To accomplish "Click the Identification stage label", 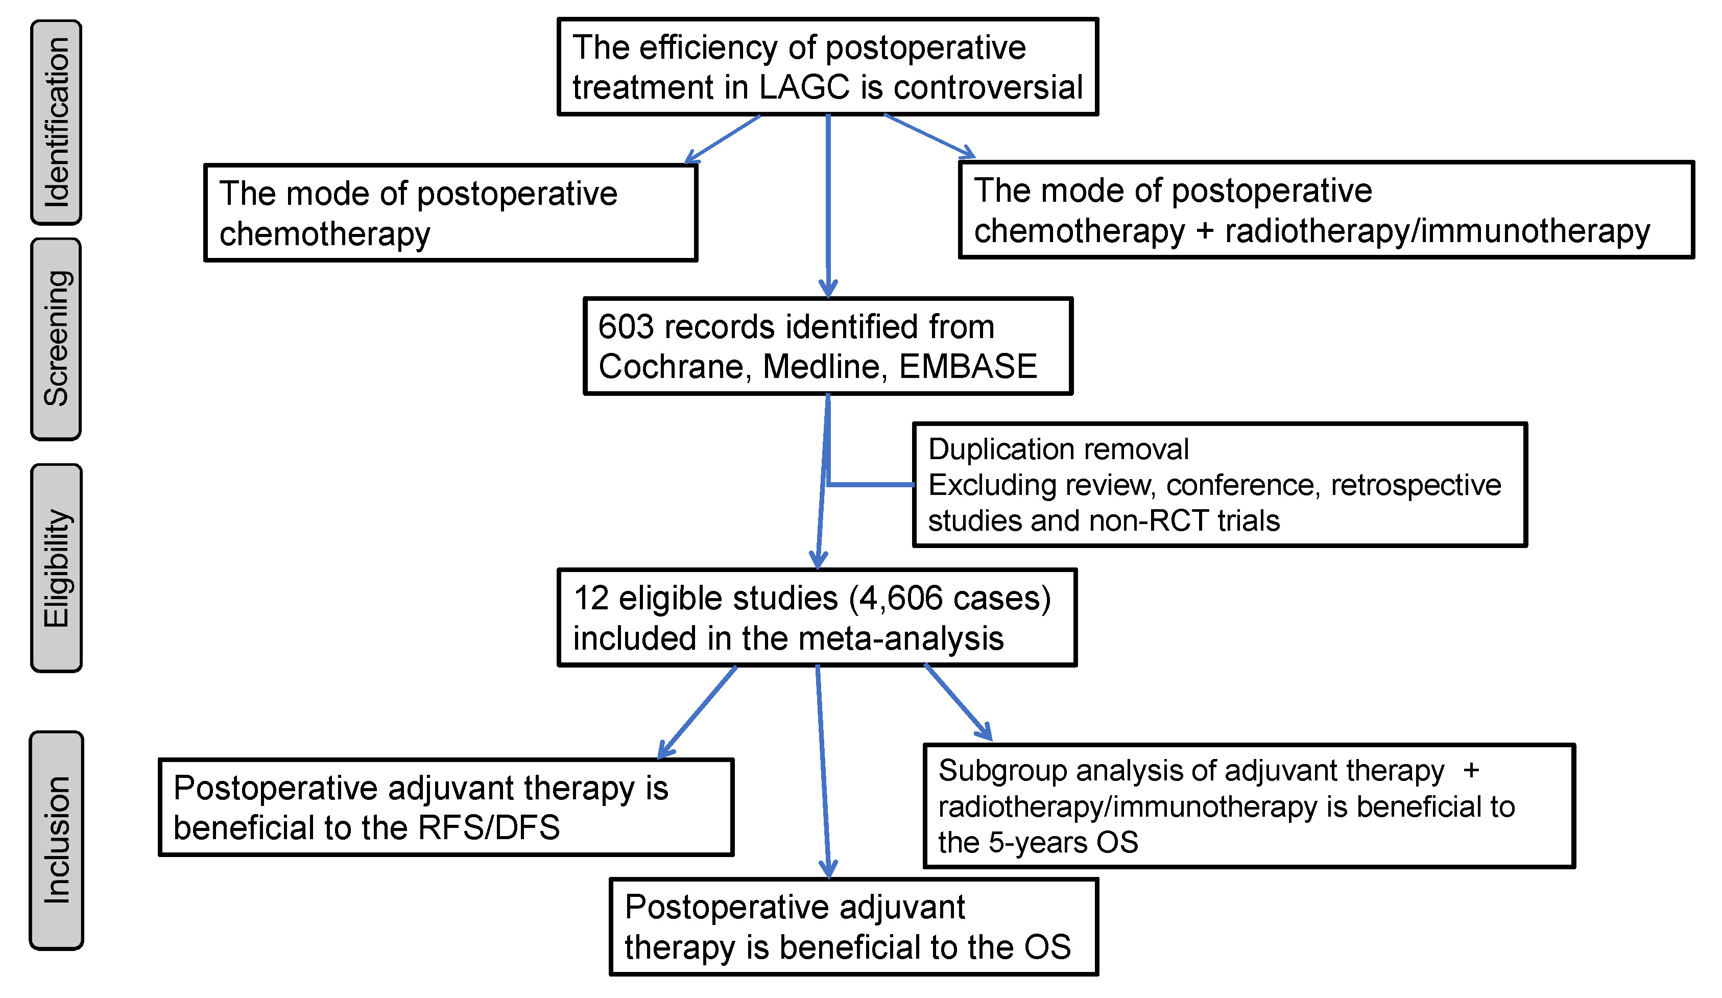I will [56, 122].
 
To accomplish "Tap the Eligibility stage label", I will [56, 567].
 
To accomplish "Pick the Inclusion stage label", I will [56, 840].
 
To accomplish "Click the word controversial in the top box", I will [988, 87].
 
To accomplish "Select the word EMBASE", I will [968, 367].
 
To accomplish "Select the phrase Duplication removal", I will [1058, 449].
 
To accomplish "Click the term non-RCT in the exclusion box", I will [1149, 521].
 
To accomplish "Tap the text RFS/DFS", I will [488, 828].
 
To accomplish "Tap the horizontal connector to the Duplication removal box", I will [871, 485].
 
